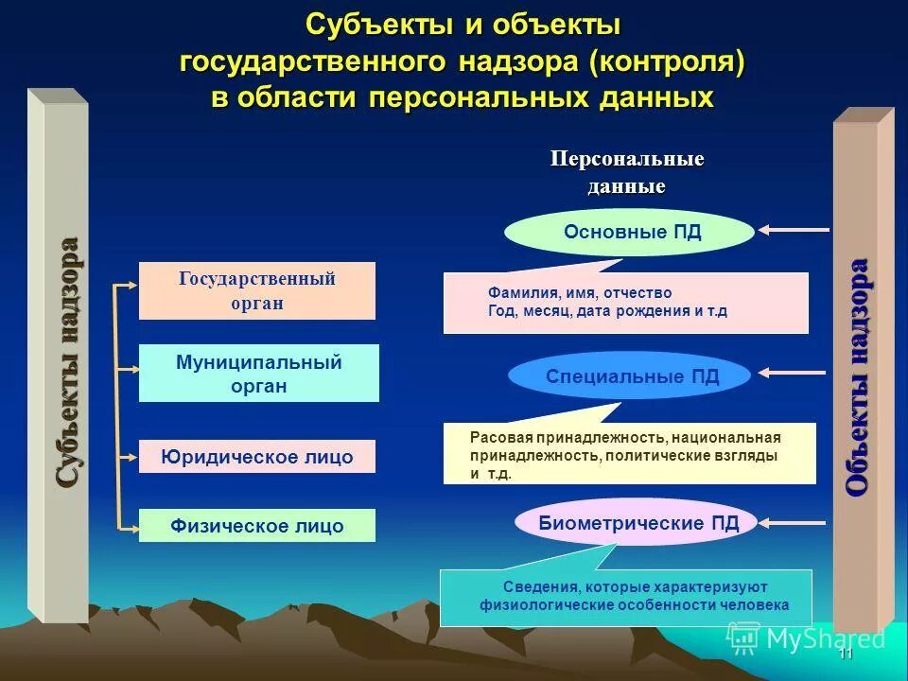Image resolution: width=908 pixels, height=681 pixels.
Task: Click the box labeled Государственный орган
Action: (x=256, y=290)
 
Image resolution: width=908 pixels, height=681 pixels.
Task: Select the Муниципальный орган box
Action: (x=258, y=373)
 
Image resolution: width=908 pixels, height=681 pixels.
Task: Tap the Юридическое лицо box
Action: (x=256, y=457)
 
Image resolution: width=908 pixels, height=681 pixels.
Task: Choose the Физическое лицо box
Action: (x=256, y=526)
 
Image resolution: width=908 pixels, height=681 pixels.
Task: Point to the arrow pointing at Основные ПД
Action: (x=794, y=229)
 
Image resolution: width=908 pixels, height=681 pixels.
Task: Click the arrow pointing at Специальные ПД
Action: (x=794, y=374)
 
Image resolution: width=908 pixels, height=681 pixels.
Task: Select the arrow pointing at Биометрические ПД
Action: (x=794, y=519)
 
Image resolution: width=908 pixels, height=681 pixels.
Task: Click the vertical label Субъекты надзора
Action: (x=67, y=363)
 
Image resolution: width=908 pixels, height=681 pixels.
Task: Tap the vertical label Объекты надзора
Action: (x=857, y=375)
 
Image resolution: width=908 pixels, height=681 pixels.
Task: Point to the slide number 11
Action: (x=846, y=655)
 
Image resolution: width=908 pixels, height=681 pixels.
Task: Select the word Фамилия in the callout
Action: (x=515, y=293)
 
